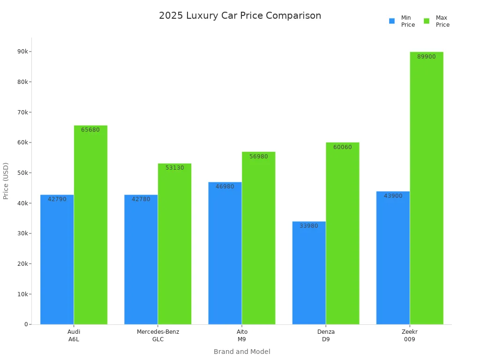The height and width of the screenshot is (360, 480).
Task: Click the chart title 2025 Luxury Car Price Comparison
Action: tap(240, 15)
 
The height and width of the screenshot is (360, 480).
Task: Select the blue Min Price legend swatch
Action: tap(392, 21)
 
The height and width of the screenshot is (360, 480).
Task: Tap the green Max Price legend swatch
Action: tap(427, 21)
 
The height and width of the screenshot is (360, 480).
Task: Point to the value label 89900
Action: tap(426, 57)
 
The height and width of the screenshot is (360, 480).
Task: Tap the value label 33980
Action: tap(309, 226)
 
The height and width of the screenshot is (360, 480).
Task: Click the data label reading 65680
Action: tap(90, 130)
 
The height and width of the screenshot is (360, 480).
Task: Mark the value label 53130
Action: tap(174, 168)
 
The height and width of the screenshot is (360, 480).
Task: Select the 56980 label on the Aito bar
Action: tap(258, 157)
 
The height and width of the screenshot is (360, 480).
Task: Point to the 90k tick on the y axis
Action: tap(22, 52)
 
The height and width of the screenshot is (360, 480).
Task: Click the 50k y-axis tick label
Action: tap(22, 173)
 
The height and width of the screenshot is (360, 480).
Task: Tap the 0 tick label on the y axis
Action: tap(26, 324)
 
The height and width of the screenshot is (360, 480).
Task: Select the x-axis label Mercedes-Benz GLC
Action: tap(158, 336)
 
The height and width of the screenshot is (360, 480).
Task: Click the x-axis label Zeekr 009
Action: tap(410, 336)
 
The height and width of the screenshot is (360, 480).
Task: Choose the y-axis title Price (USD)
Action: tap(6, 181)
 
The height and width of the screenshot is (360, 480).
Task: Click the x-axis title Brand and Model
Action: tap(242, 352)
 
